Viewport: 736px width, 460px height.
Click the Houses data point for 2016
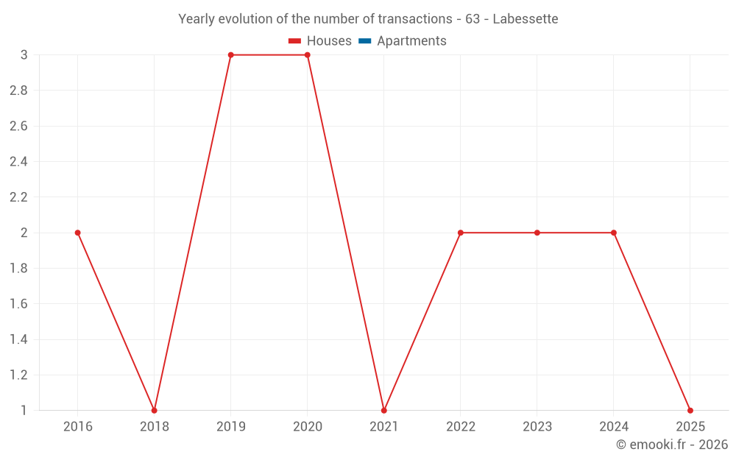77,233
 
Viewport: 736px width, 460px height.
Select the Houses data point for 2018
154,410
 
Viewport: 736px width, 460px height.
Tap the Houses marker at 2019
230,55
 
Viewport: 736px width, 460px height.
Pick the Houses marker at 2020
307,55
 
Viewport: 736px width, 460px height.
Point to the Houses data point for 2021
383,410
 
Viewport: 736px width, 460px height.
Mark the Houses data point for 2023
537,233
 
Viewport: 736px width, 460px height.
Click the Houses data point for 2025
690,410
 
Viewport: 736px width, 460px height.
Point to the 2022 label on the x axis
460,427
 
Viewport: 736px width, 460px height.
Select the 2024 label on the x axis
613,427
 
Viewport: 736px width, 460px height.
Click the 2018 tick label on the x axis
154,427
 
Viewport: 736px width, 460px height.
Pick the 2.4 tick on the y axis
18,162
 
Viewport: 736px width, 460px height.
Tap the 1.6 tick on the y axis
18,304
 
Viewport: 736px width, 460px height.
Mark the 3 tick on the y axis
24,55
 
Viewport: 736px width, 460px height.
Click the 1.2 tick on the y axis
18,375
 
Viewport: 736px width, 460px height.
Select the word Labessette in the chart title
525,19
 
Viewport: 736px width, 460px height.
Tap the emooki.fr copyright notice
671,445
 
